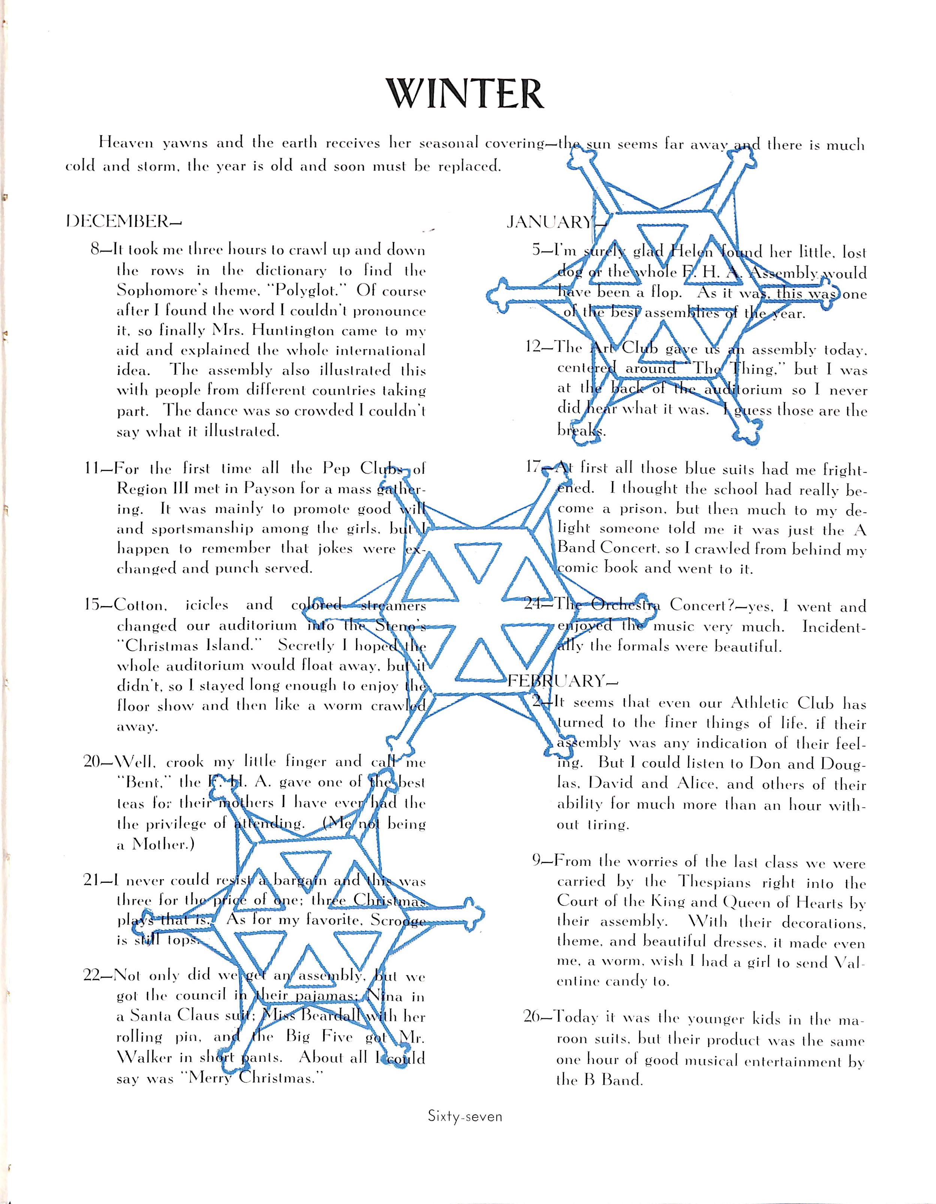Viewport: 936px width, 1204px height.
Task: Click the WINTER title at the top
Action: tap(465, 94)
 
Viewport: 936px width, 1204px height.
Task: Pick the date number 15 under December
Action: tap(94, 605)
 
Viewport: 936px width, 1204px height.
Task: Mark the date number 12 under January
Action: tap(538, 348)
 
